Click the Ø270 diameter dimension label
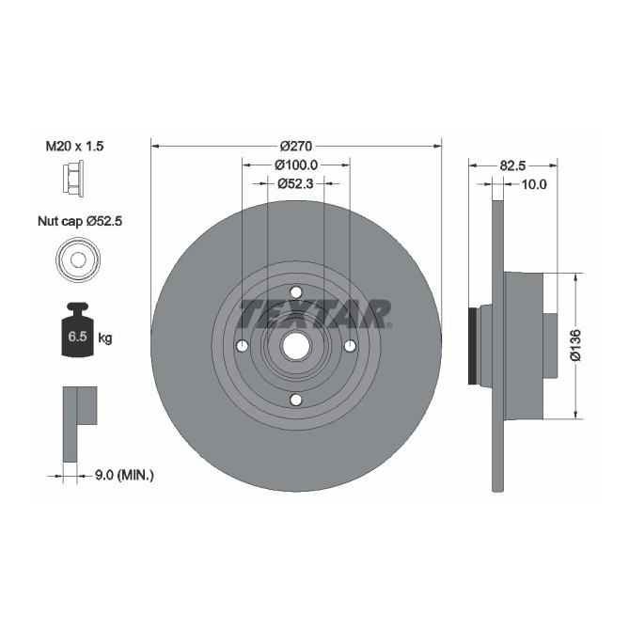tap(296, 146)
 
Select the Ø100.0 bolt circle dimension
tap(296, 165)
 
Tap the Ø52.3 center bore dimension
tap(296, 183)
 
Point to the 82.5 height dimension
tap(512, 165)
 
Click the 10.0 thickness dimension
tap(533, 184)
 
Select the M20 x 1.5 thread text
tap(75, 146)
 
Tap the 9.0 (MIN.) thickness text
tap(124, 476)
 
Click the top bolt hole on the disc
tap(296, 291)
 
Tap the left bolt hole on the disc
tap(241, 346)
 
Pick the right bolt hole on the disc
tap(351, 346)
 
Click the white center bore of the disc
tap(296, 346)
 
